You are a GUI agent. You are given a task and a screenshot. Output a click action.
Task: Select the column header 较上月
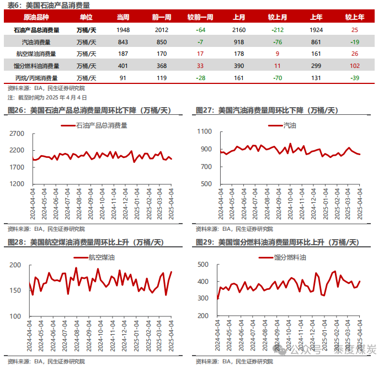click(x=278, y=18)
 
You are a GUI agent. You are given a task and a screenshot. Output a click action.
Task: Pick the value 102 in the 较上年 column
click(x=354, y=66)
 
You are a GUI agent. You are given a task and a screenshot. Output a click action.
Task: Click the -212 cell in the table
click(x=278, y=29)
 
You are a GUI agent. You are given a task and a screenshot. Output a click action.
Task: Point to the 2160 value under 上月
click(x=239, y=29)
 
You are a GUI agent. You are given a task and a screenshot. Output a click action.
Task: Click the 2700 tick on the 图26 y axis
click(x=17, y=134)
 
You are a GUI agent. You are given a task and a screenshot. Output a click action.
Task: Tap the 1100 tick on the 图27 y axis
click(x=205, y=132)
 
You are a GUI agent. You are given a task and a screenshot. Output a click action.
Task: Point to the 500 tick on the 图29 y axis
click(x=203, y=265)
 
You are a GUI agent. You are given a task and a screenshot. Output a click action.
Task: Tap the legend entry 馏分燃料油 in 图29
click(x=290, y=257)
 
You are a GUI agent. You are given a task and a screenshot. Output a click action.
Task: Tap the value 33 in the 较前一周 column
click(x=200, y=66)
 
